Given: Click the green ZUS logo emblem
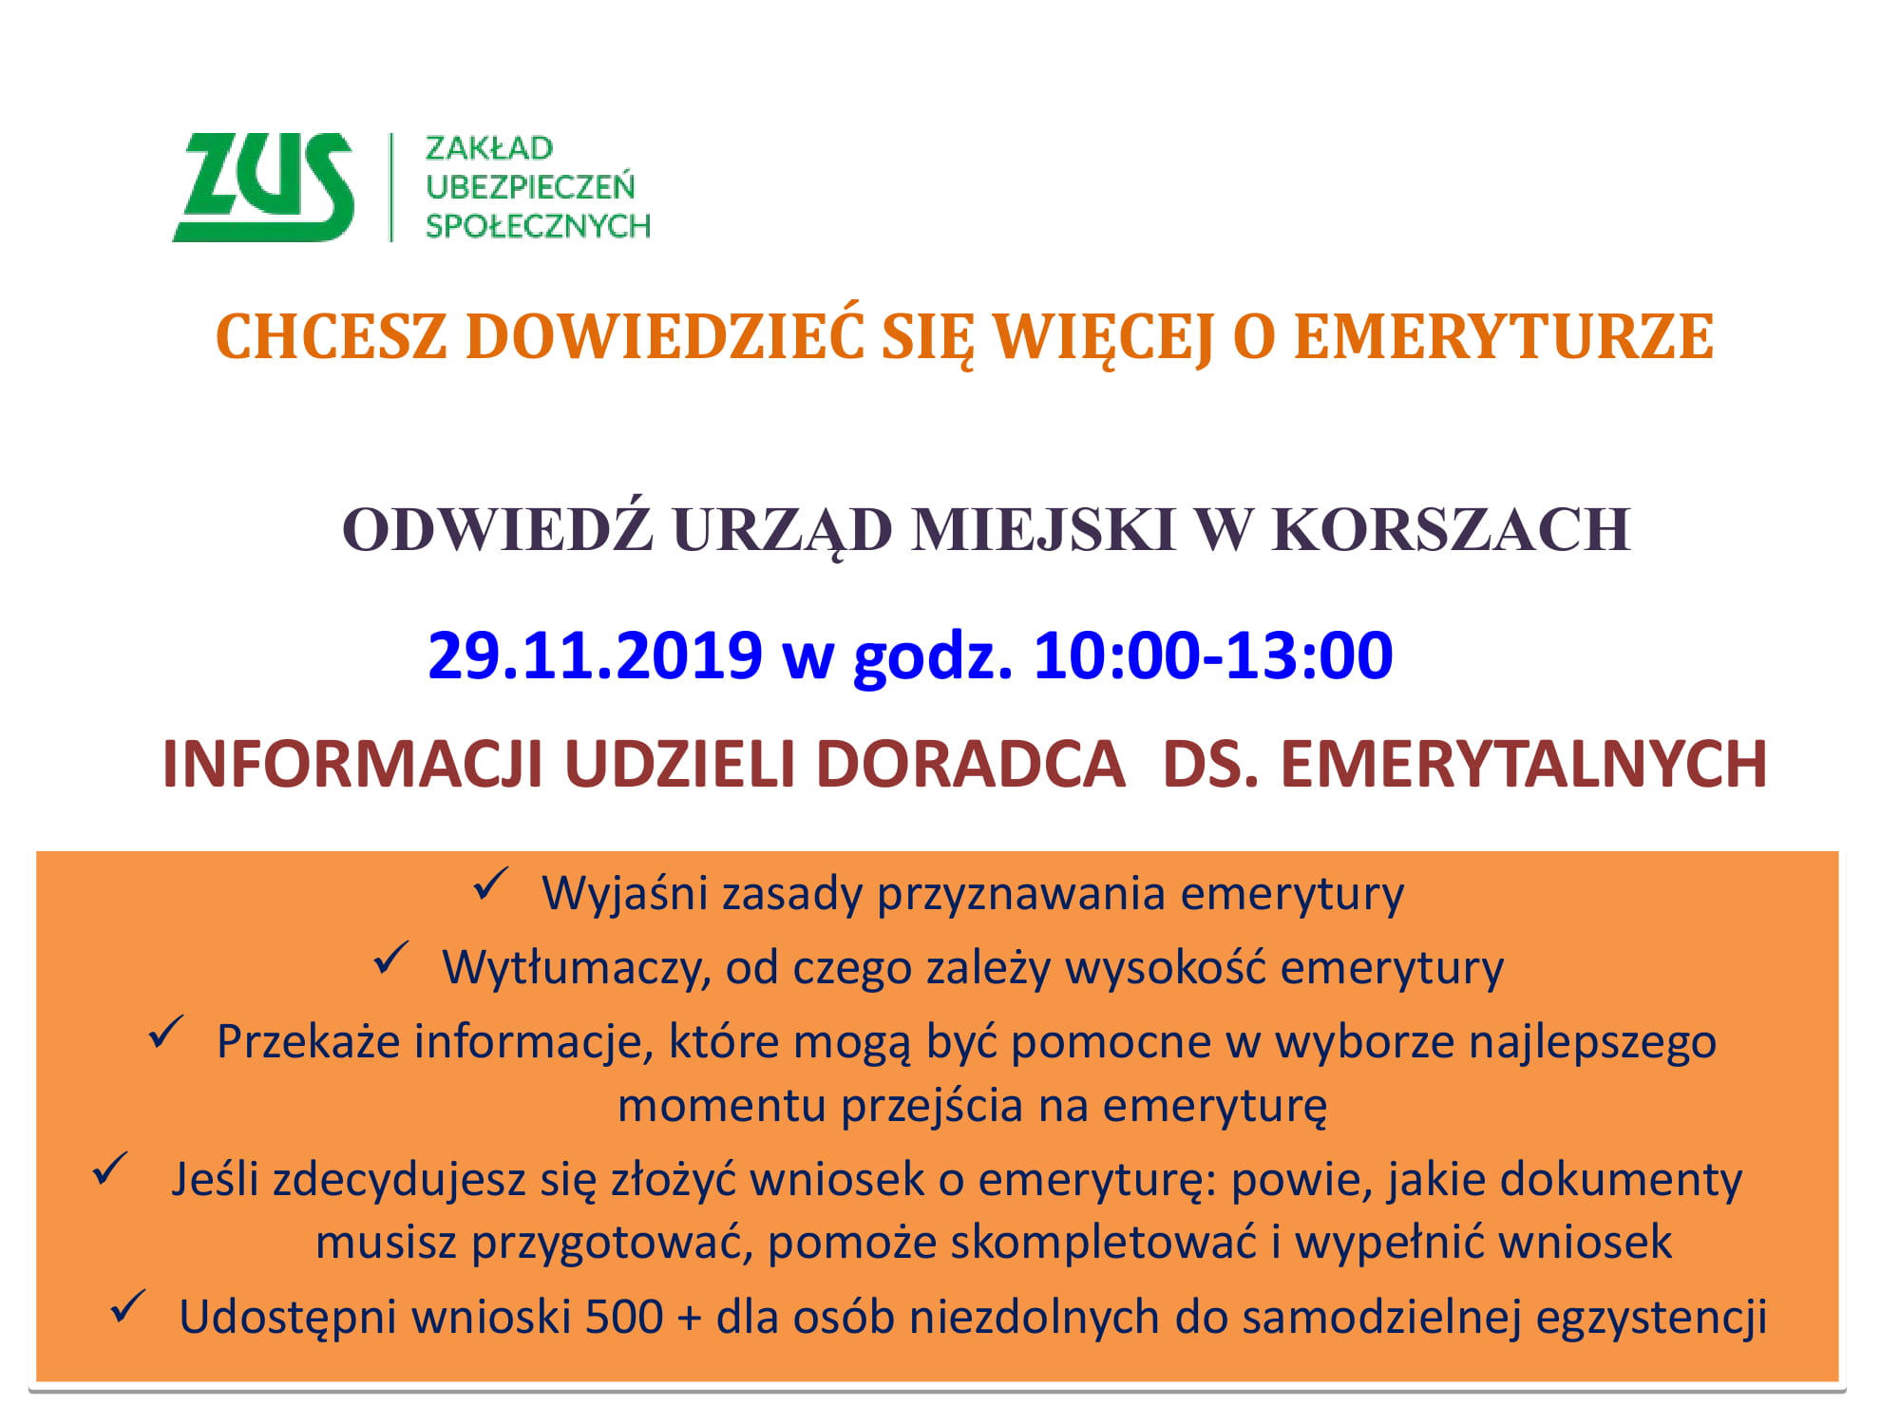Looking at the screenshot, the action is coord(264,187).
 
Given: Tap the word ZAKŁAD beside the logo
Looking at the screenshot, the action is coord(489,149).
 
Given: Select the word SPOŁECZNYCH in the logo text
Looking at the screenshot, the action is coord(538,226).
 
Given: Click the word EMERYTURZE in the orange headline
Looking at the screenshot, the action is coord(1504,337).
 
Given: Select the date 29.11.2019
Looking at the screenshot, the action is coord(596,655).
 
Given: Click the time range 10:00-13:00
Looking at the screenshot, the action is coord(1213,655).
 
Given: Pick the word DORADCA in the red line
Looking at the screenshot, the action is coord(970,764).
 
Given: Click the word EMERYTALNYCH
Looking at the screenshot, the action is coord(1523,764).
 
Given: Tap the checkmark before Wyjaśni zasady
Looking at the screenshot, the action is coord(491,884).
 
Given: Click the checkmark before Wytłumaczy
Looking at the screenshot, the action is coord(391,959).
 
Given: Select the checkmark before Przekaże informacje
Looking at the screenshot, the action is coord(166,1033).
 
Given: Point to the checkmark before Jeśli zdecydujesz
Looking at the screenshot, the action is coord(110,1169).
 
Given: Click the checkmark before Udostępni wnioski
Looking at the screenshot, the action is coord(128,1306).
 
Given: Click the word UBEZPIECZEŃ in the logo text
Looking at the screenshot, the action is coord(530,186).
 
